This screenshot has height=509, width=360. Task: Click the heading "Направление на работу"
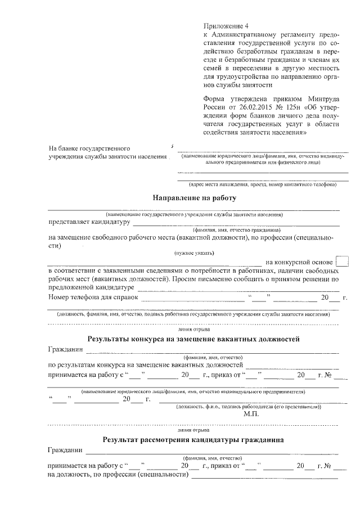[194, 198]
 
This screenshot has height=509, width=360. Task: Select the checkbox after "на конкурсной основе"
[341, 262]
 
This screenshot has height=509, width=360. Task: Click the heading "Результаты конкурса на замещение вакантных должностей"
[193, 339]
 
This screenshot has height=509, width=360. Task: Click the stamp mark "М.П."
[251, 413]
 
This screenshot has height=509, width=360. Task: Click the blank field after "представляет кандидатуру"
[236, 223]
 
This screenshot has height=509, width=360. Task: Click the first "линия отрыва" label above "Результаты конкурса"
[193, 328]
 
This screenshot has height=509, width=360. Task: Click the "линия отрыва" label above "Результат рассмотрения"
[193, 429]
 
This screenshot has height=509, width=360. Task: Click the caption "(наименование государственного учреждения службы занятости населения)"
[194, 214]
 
